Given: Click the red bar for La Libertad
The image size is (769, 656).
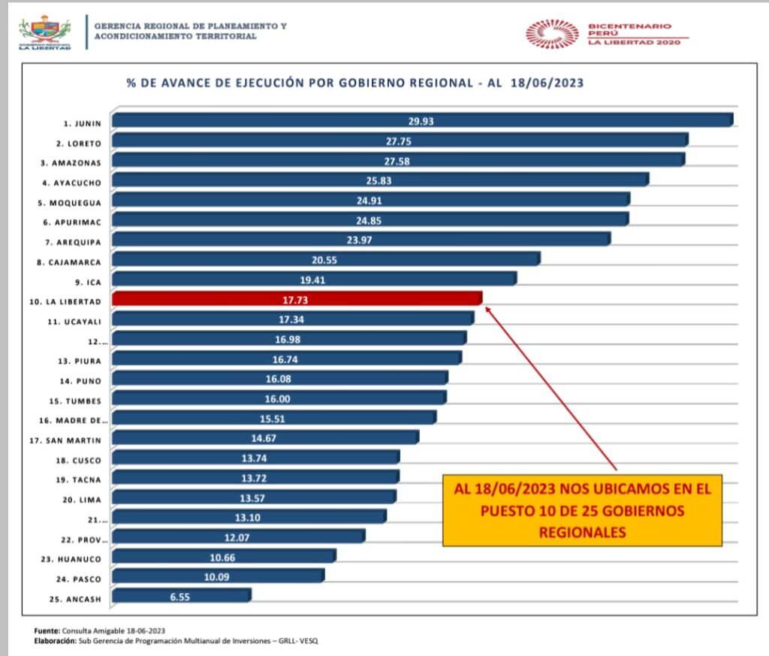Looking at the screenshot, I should tap(297, 299).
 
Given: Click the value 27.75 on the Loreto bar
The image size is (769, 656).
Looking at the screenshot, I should tap(399, 141).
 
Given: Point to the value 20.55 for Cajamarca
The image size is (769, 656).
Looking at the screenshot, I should tap(325, 259).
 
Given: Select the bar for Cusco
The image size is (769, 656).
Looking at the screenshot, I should tap(255, 458).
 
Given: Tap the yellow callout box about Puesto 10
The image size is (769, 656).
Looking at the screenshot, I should tap(581, 510).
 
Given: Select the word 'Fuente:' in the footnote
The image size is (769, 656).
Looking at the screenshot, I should tap(47, 630).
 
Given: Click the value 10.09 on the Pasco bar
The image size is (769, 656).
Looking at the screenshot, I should tap(217, 576).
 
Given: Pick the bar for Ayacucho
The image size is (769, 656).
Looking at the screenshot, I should tap(380, 180).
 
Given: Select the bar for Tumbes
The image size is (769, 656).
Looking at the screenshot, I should tap(279, 398).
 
